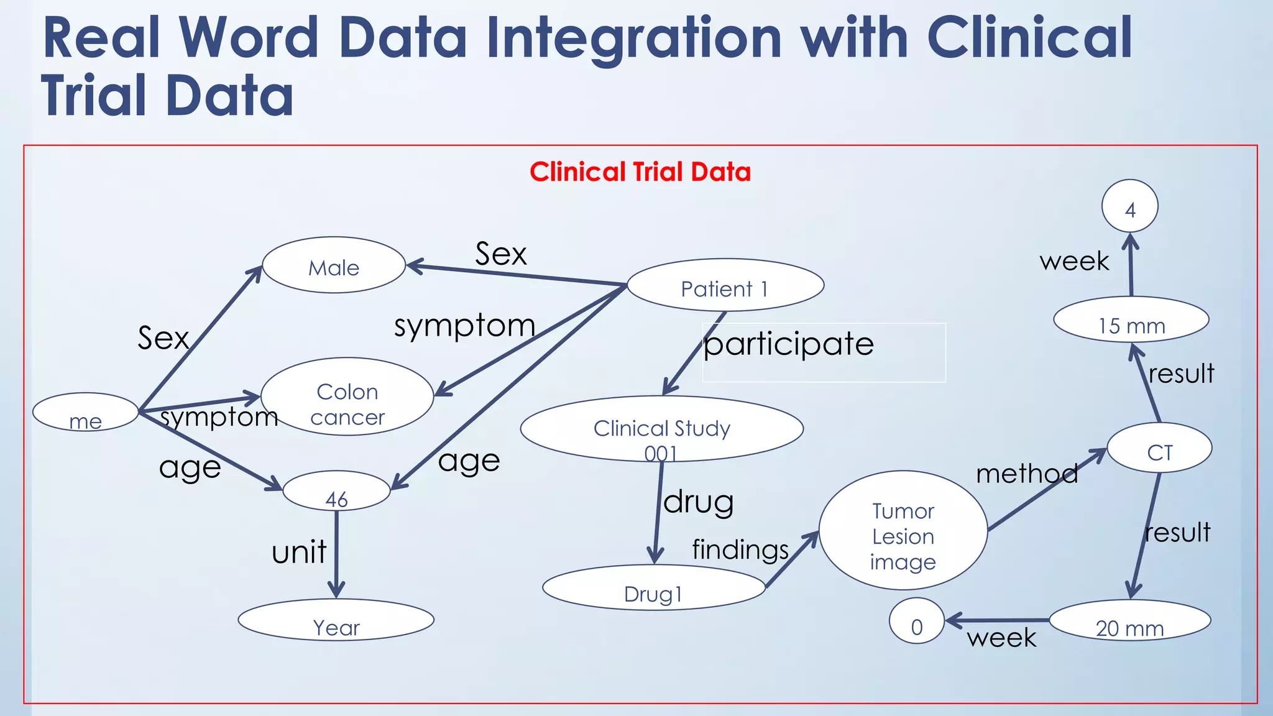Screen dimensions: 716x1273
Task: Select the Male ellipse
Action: [334, 265]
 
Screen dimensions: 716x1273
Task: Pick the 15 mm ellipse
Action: [1131, 321]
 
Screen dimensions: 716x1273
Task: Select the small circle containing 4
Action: [1129, 207]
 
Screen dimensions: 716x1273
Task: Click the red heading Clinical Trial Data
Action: [640, 172]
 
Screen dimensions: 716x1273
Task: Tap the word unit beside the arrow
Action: [299, 552]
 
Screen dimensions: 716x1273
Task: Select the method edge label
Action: [1027, 474]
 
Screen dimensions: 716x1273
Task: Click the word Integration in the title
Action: [633, 39]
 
